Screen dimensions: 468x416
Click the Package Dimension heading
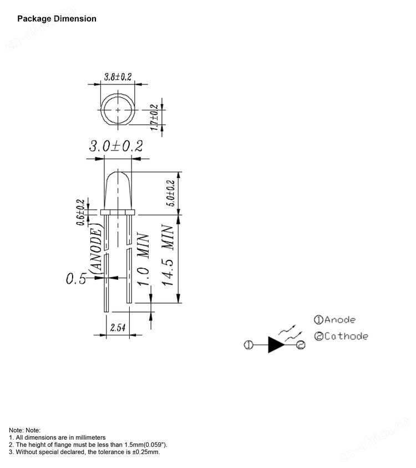pos(57,19)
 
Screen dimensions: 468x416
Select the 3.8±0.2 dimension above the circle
pos(118,77)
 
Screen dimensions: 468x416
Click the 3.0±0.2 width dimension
pos(116,146)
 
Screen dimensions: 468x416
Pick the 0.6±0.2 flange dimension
pos(81,212)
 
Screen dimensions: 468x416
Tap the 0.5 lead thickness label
pos(76,279)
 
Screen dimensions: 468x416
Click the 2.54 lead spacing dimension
pos(118,328)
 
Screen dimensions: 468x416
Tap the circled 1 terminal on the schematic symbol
pos(247,345)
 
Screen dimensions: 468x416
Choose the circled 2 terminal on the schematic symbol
pos(300,345)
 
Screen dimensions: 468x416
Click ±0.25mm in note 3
pos(144,452)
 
